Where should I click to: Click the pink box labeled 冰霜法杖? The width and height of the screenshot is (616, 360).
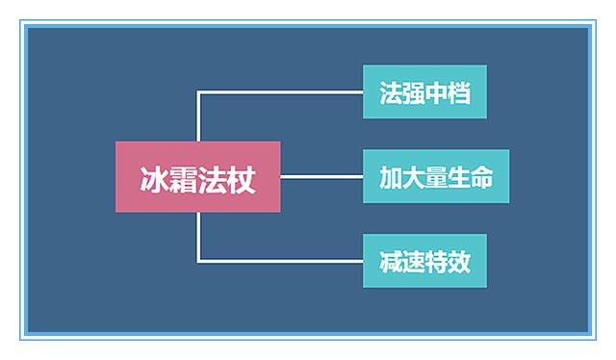pyautogui.click(x=197, y=177)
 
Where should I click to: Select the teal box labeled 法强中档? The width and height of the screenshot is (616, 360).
pyautogui.click(x=424, y=92)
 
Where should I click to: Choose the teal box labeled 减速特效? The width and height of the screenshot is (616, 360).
pyautogui.click(x=424, y=261)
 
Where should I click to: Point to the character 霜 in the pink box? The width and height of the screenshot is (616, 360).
pyautogui.click(x=183, y=178)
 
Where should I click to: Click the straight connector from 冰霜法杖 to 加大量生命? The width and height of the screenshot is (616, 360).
pyautogui.click(x=321, y=177)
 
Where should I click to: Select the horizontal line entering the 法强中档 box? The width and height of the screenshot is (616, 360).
pyautogui.click(x=279, y=92)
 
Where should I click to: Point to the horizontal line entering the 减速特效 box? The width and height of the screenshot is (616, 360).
pyautogui.click(x=279, y=261)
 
